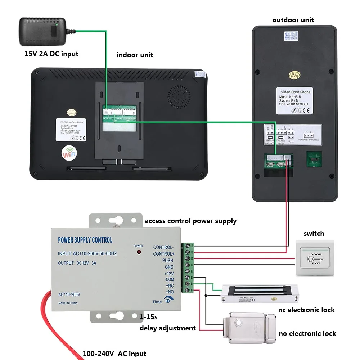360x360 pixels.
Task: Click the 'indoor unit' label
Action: click(135, 55)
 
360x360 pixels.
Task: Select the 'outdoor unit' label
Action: click(293, 20)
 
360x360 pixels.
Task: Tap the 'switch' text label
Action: click(314, 234)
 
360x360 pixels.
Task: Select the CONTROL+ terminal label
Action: click(163, 254)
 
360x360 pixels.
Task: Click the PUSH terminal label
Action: click(167, 260)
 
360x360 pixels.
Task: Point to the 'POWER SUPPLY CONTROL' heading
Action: click(85, 240)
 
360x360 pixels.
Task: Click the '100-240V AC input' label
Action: click(114, 354)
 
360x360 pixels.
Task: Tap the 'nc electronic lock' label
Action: click(306, 310)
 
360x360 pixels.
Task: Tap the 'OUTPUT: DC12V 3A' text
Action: click(77, 263)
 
